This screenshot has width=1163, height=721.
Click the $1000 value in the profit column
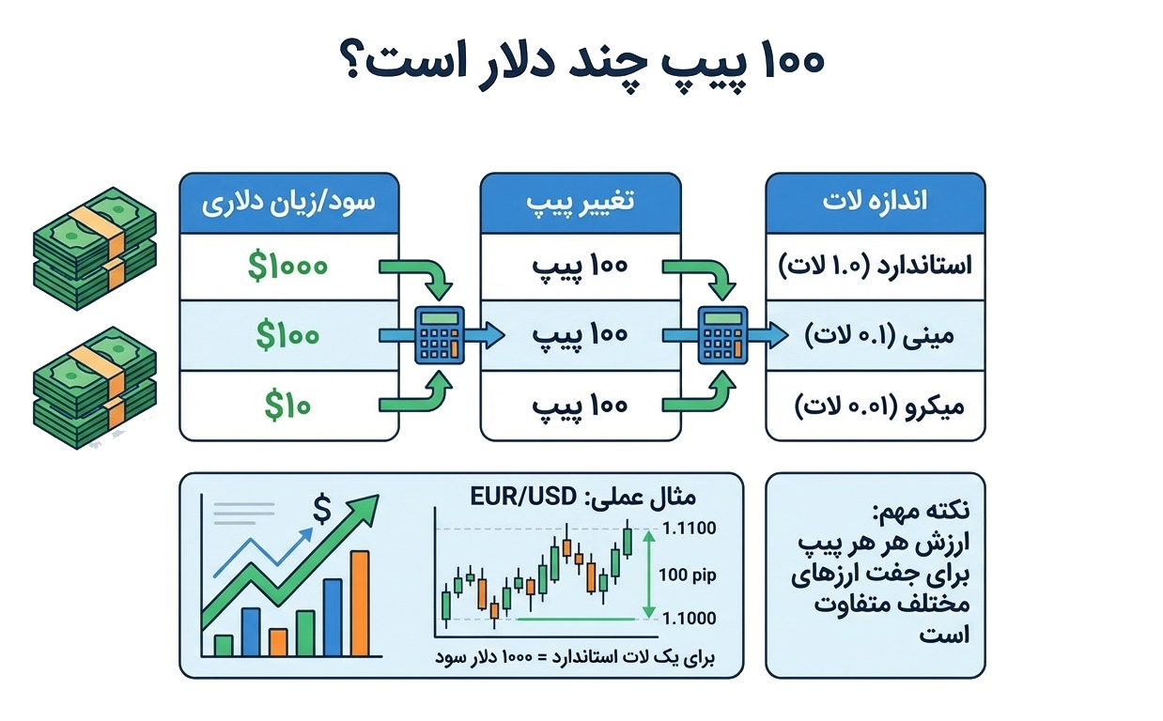288,267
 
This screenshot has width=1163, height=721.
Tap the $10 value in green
287,406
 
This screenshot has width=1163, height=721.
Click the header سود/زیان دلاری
288,202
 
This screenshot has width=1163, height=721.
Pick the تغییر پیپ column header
580,202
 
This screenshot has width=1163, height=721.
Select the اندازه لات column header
875,202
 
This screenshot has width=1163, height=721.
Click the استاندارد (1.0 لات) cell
875,267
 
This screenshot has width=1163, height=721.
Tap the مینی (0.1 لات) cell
875,335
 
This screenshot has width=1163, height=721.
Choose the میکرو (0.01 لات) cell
875,406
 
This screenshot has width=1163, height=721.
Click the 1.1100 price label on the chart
689,529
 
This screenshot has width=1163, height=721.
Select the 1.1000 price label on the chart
689,619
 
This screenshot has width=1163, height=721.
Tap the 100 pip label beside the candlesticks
687,575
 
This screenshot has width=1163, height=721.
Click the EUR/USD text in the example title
530,496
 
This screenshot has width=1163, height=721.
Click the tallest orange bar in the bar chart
360,604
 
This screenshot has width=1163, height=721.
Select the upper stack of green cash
94,240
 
